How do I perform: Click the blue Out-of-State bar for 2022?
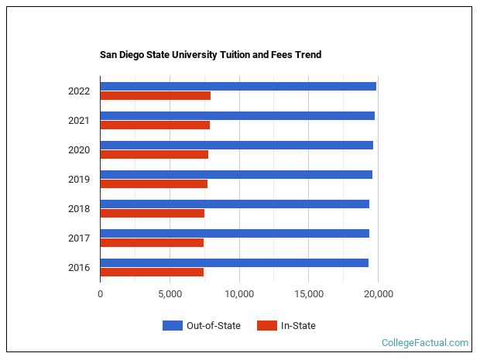coord(238,86)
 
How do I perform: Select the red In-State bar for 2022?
coord(155,96)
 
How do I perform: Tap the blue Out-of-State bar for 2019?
coord(236,174)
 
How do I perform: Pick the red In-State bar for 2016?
coord(152,272)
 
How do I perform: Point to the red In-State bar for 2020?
coord(154,155)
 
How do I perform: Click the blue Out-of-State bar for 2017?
coord(235,233)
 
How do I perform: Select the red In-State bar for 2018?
coord(152,214)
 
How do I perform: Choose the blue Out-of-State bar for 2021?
coord(237,115)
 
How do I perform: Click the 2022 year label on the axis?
coord(79,91)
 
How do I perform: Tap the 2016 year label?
coord(79,268)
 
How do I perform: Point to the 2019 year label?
coord(79,180)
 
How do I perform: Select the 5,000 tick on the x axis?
coord(170,294)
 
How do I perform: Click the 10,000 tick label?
coord(239,294)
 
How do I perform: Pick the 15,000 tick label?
coord(309,294)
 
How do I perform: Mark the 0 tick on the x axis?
coord(100,294)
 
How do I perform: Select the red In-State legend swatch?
coord(267,326)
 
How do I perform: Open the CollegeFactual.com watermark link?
coord(425,342)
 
